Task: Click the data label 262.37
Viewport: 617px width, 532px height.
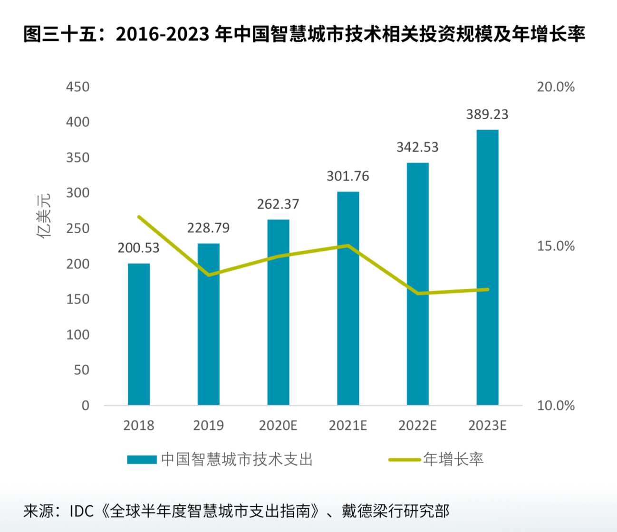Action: (278, 204)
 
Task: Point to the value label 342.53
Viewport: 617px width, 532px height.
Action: (417, 147)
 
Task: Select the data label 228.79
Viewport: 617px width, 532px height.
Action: (208, 228)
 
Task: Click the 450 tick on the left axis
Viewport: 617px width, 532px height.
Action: (78, 87)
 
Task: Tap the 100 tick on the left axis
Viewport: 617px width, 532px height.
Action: (78, 335)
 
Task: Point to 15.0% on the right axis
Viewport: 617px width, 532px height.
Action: (556, 246)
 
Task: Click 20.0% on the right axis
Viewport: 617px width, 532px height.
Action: (556, 87)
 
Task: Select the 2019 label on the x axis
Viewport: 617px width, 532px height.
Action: (208, 425)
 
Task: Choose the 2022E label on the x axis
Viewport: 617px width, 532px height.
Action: (417, 425)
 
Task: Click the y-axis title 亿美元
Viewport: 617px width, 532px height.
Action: (44, 216)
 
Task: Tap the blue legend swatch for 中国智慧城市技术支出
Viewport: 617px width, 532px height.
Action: (142, 459)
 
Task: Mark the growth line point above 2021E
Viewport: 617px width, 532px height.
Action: (348, 246)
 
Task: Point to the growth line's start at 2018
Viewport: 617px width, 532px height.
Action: (139, 217)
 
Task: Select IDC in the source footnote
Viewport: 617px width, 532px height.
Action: (82, 511)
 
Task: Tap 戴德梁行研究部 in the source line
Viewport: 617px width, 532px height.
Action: (395, 511)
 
